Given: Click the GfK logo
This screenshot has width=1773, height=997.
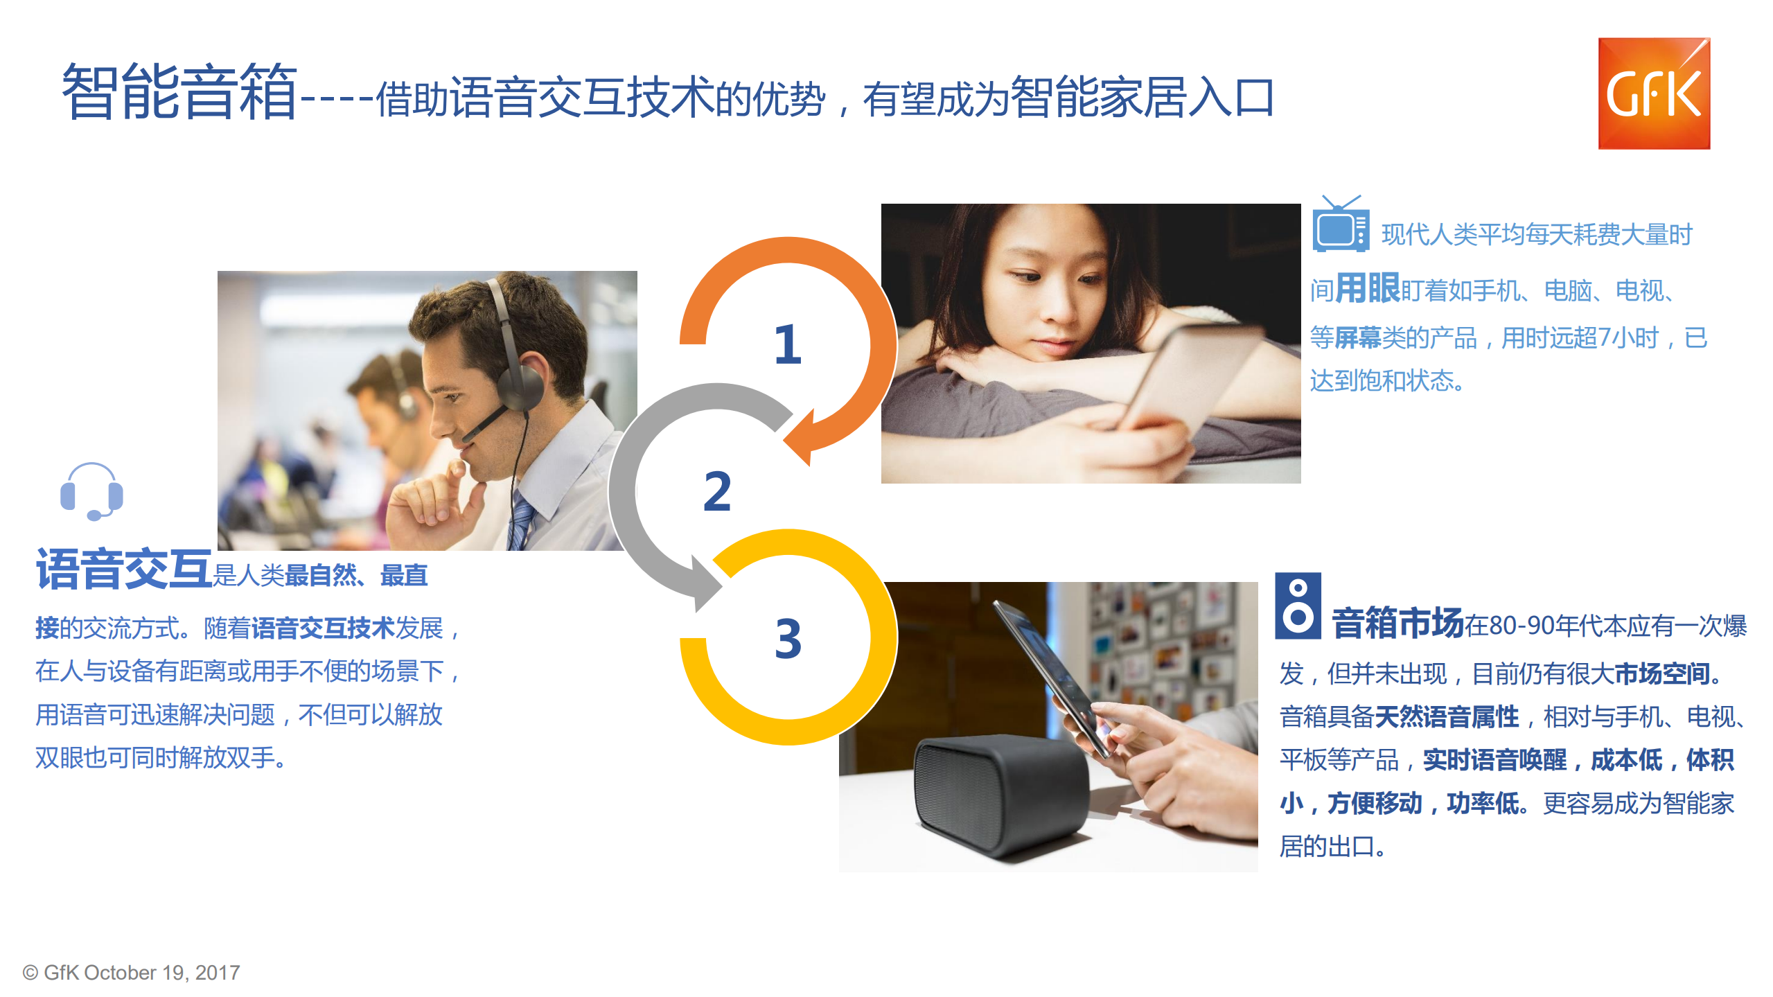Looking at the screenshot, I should [x=1653, y=94].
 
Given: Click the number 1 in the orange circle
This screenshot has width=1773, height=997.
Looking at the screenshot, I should [x=787, y=344].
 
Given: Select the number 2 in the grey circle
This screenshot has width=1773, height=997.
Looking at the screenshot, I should [x=716, y=491].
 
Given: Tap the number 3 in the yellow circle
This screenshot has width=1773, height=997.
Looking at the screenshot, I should [x=788, y=638].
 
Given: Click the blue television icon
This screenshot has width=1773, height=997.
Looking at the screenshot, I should [x=1340, y=226].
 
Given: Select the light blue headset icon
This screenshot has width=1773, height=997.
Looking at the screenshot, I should [x=91, y=491].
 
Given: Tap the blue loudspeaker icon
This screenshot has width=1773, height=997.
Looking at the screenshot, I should [x=1297, y=606].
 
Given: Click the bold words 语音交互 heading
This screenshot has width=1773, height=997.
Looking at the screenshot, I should [x=123, y=570].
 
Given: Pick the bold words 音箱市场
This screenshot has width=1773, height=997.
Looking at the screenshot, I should [x=1397, y=623].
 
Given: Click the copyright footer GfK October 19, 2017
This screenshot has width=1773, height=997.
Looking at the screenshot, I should [x=131, y=972].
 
